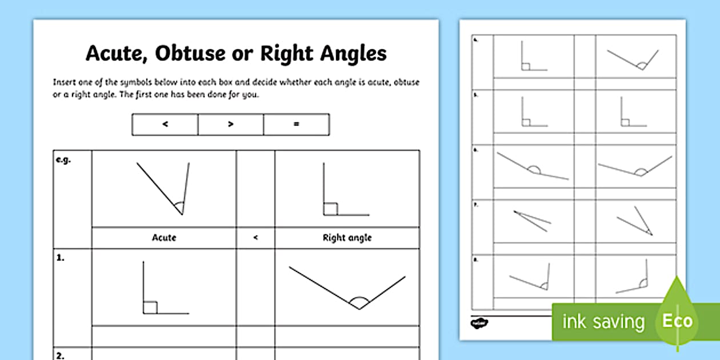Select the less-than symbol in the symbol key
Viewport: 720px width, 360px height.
[x=165, y=124]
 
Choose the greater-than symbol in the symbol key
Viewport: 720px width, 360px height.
[x=231, y=124]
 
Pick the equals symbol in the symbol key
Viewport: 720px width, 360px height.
[x=296, y=124]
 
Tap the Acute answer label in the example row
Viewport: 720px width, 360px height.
[x=164, y=238]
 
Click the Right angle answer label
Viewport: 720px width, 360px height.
[x=347, y=238]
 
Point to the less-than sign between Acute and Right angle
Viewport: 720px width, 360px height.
[x=255, y=238]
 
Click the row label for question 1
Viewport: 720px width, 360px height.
[x=60, y=258]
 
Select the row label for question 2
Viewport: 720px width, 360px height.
[x=61, y=355]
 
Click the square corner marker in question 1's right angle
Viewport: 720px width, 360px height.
[x=150, y=307]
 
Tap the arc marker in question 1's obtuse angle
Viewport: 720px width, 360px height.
[x=359, y=302]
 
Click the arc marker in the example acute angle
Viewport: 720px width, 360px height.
[x=179, y=206]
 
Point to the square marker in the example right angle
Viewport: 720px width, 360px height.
[x=330, y=209]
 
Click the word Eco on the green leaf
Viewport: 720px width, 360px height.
[x=677, y=321]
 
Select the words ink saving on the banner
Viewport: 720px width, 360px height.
[x=603, y=322]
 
